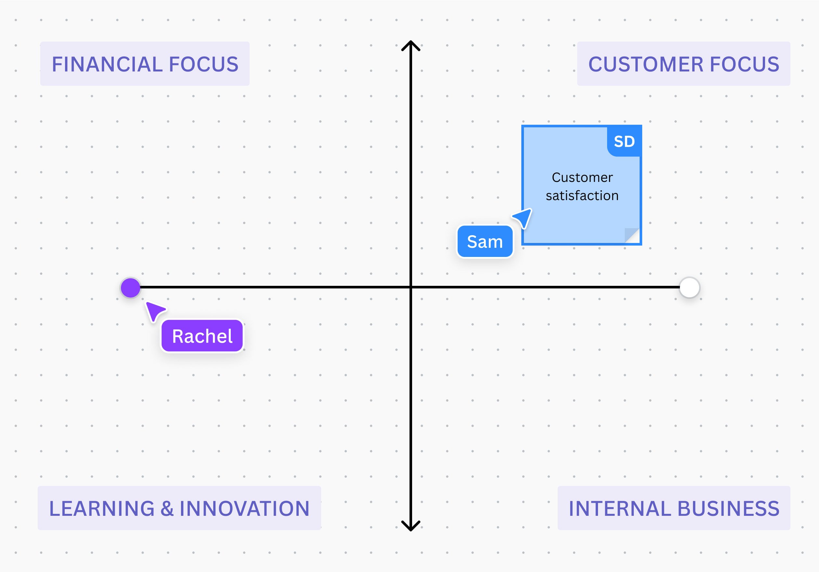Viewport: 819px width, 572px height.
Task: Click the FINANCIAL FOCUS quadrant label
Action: [x=145, y=64]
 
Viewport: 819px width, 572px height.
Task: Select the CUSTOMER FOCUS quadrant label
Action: [x=683, y=64]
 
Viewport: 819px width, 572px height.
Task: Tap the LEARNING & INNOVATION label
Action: [x=179, y=508]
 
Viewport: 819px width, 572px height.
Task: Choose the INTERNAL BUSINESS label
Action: [x=674, y=508]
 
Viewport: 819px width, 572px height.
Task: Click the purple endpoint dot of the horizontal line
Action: [x=131, y=287]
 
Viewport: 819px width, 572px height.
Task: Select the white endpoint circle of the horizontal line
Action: [x=690, y=287]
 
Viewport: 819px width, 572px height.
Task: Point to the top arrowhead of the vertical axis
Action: [x=411, y=44]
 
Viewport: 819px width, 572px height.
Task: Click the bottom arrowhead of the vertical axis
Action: [x=411, y=527]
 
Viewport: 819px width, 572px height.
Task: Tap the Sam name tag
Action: [x=485, y=241]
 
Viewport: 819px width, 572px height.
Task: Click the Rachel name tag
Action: [x=202, y=336]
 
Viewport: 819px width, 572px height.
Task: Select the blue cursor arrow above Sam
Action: [x=524, y=217]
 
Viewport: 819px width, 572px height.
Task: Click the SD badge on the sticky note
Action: [x=624, y=142]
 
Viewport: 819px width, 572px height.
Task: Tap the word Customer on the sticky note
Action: [x=582, y=177]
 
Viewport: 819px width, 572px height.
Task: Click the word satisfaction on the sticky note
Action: [x=582, y=196]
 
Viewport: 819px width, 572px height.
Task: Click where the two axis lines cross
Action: [x=411, y=287]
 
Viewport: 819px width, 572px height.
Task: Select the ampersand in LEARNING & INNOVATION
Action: [x=167, y=508]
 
